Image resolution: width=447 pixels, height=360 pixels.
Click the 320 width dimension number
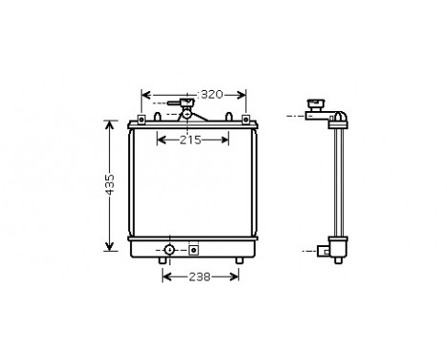(x=212, y=94)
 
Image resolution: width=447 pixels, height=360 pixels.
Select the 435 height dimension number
(x=110, y=184)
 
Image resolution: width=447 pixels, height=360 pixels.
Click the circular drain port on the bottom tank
(x=168, y=251)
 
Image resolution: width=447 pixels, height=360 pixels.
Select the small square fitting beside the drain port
(x=193, y=251)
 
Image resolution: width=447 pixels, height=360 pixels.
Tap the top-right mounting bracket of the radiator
(x=246, y=120)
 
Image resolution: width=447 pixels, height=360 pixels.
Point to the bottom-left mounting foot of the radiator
(x=161, y=261)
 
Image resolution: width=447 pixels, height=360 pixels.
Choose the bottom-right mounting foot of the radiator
(x=238, y=261)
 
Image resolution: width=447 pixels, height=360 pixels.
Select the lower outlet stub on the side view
(x=330, y=252)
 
